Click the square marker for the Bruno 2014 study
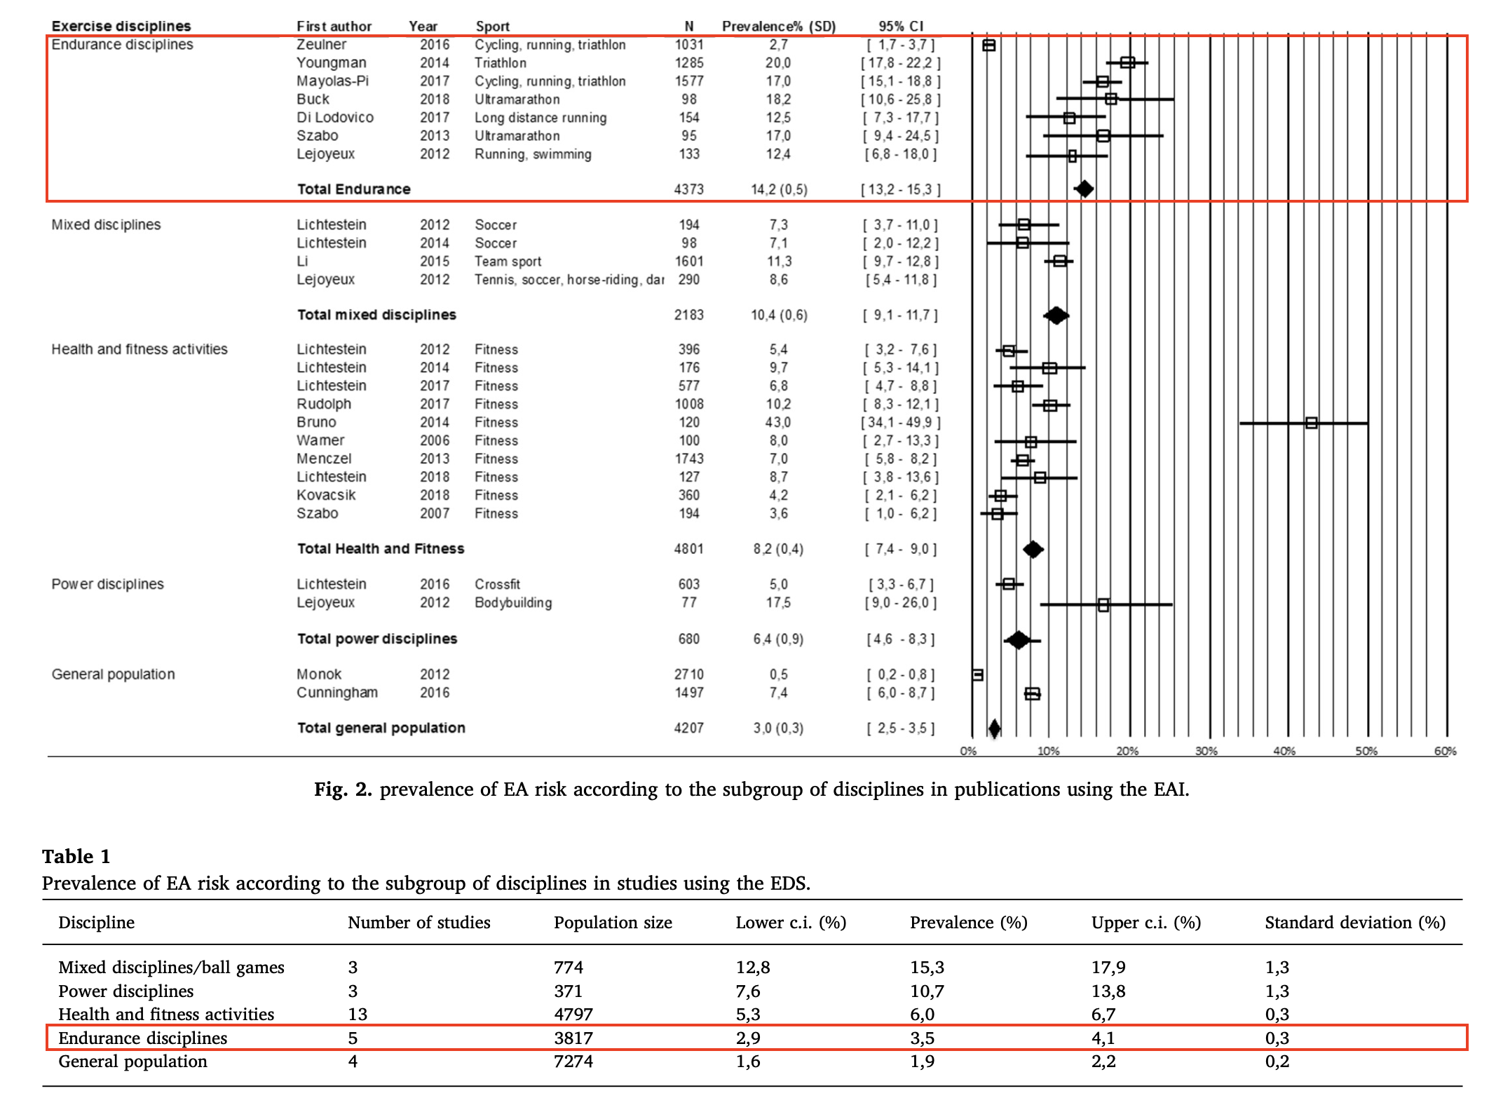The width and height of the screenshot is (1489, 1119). click(1311, 423)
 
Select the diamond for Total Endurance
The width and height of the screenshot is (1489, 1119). click(1084, 189)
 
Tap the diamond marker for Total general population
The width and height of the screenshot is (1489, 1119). click(994, 728)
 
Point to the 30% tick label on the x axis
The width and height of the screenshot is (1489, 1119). click(1206, 751)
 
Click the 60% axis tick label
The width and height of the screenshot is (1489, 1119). click(1444, 751)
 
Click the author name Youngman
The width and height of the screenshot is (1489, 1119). click(331, 62)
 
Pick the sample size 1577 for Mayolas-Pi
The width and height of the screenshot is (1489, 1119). click(688, 81)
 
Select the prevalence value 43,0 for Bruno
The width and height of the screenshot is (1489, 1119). click(778, 422)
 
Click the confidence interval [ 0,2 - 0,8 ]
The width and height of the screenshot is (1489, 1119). click(901, 674)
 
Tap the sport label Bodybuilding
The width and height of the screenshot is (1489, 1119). click(513, 602)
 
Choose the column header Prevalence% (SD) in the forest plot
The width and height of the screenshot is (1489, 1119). click(779, 26)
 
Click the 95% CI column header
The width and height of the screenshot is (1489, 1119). click(901, 26)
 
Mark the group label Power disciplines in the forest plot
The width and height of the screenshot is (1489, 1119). click(107, 584)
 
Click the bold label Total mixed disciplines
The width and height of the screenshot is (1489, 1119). click(376, 315)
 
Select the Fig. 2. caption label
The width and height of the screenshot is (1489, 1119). click(342, 789)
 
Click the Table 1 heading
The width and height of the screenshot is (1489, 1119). click(76, 856)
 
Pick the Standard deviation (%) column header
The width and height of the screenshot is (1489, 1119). click(1355, 922)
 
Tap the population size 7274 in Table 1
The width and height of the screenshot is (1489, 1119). click(573, 1061)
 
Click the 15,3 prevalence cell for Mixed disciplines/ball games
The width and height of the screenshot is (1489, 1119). click(927, 967)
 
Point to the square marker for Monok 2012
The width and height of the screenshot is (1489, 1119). click(978, 674)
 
